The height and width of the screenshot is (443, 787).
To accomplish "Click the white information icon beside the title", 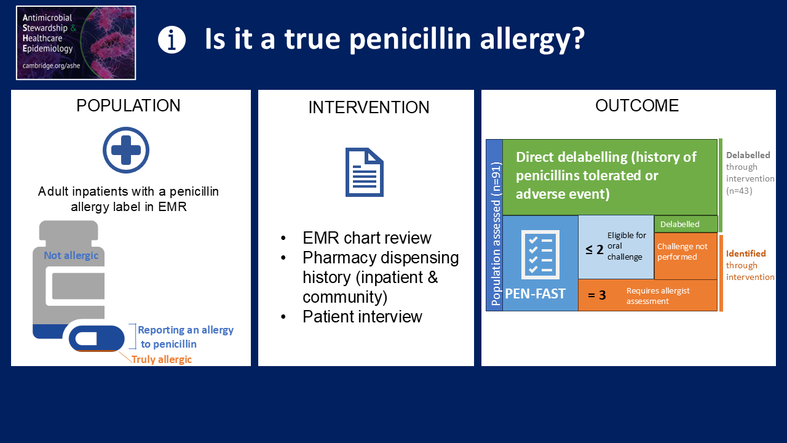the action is click(x=172, y=40).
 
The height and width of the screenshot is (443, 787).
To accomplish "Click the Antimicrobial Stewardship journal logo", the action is click(x=76, y=43).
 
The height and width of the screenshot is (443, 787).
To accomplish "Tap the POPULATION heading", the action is click(x=129, y=105).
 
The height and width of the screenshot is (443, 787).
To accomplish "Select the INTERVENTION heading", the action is click(x=369, y=107).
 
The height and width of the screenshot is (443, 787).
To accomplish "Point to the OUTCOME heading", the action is click(x=636, y=105).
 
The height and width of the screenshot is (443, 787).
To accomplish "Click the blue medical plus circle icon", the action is click(x=126, y=150).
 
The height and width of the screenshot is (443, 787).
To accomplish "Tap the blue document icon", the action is click(x=365, y=172).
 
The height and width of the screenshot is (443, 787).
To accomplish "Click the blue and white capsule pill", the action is click(x=97, y=338).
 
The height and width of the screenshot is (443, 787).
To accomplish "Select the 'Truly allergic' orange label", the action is click(x=162, y=359).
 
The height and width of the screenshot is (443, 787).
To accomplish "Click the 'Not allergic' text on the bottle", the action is click(x=71, y=255).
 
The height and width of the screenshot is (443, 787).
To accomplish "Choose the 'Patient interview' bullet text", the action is click(x=362, y=316).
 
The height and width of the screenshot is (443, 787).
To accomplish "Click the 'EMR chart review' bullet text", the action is click(x=367, y=238).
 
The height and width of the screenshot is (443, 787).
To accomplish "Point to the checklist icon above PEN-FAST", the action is click(x=540, y=255).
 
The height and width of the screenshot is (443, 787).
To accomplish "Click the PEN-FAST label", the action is click(x=535, y=293).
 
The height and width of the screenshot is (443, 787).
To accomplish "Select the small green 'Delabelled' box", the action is click(x=686, y=224).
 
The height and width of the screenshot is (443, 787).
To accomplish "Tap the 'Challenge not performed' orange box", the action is click(x=686, y=255).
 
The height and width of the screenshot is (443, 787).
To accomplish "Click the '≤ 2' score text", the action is click(x=595, y=250).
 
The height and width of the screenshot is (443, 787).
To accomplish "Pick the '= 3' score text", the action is click(x=597, y=295).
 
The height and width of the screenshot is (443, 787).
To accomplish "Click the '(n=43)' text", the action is click(x=739, y=191).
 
